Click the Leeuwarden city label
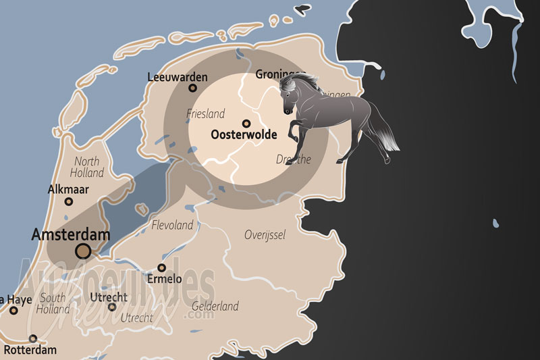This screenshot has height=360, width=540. click(178, 77)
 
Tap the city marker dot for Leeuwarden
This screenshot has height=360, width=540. click(192, 88)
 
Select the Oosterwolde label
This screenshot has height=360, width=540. click(244, 135)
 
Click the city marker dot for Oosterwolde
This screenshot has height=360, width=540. click(246, 124)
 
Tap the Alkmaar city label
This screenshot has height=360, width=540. click(69, 190)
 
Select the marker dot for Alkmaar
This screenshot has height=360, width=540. click(69, 201)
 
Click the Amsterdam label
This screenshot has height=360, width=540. click(70, 234)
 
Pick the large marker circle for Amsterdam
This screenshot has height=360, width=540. click(83, 251)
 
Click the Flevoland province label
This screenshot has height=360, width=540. click(173, 225)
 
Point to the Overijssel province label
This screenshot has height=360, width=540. click(265, 235)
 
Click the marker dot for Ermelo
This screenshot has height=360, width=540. click(161, 267)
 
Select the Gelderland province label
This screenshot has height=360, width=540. click(215, 307)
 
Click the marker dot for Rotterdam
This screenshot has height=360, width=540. click(33, 339)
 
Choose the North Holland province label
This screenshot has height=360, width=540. click(87, 167)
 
